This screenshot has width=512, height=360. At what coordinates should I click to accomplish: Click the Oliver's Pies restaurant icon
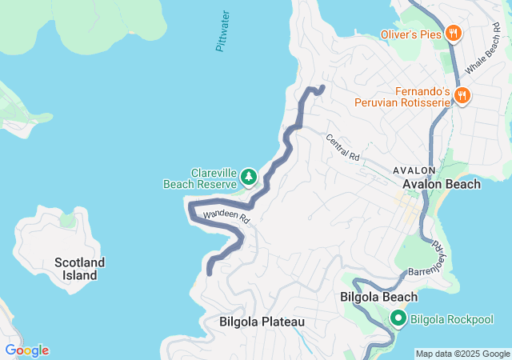(454, 33)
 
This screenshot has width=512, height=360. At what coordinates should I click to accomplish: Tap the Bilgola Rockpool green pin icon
(398, 319)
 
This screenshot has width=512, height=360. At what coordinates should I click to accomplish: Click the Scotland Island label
(79, 269)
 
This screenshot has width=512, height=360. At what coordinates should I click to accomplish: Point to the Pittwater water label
(223, 31)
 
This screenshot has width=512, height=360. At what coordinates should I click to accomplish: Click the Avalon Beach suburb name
(442, 184)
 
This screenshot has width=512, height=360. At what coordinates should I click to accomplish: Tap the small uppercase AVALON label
(414, 170)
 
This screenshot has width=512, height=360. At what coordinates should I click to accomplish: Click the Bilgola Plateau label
(262, 322)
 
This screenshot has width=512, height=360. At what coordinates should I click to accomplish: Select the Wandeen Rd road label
(226, 216)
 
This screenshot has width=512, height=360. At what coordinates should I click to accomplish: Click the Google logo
(26, 350)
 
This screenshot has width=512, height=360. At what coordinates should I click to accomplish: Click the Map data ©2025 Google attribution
(462, 354)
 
